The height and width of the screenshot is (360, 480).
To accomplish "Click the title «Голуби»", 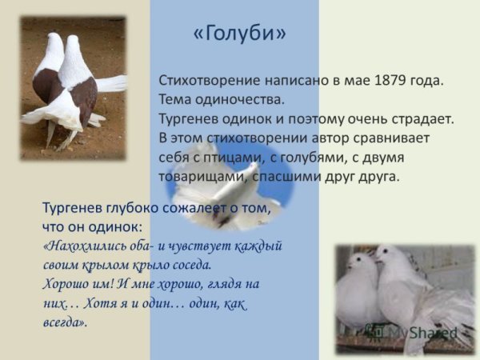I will tap(240, 34).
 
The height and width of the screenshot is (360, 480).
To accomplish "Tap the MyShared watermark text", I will tap(420, 332).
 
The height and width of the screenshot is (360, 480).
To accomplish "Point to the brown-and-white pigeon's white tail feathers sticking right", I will tap(113, 84).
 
